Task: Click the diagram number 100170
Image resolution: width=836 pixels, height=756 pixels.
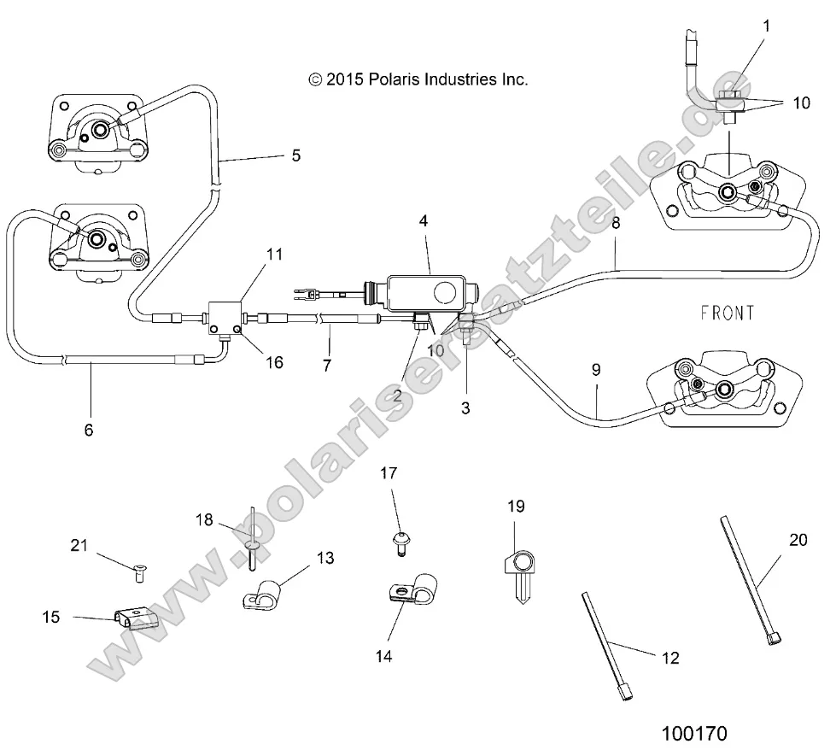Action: pos(695,733)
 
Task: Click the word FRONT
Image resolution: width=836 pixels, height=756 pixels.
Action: pos(727,314)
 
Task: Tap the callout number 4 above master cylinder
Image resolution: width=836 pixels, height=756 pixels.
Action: pos(424,220)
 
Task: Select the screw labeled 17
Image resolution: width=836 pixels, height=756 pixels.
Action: pos(399,540)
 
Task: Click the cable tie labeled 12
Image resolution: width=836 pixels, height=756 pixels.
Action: pos(606,648)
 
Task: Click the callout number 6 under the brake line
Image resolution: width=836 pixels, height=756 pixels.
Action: pos(89,430)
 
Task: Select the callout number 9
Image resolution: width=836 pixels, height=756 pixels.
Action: pos(597,370)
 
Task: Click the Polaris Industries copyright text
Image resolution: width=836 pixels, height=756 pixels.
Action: pos(418,79)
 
